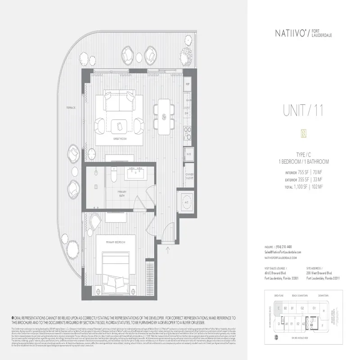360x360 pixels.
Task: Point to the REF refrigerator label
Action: point(189,84)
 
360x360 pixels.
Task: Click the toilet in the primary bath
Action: point(113,173)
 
